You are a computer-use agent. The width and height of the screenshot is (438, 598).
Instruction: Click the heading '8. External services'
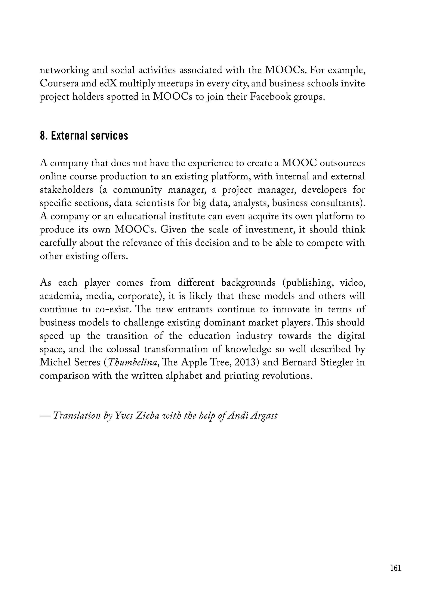84,136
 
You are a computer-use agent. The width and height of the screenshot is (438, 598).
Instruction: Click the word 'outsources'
342,163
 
